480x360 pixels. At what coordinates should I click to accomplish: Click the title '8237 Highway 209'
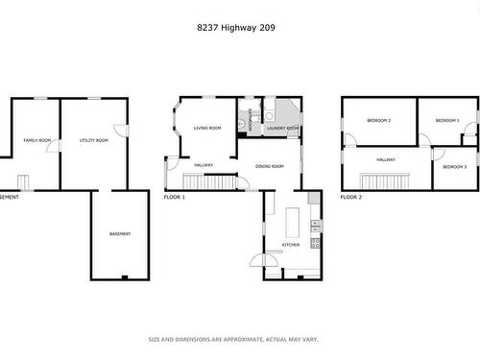point(239,28)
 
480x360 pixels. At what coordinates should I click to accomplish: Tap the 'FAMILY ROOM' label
point(36,140)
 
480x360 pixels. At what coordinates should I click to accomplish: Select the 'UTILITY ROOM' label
point(93,140)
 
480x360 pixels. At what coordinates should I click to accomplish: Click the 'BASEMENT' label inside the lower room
point(120,233)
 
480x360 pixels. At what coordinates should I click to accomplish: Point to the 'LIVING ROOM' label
point(207,128)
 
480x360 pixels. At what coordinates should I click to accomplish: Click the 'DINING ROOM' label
point(270,166)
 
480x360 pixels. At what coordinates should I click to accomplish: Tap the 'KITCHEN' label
point(290,245)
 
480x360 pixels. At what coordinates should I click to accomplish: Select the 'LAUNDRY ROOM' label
point(282,128)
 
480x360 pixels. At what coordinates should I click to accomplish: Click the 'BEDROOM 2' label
point(378,120)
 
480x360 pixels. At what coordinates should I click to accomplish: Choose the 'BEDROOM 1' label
point(446,120)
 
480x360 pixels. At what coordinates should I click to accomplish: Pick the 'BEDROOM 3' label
point(454,167)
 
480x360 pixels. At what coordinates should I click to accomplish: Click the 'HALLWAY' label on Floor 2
point(386,159)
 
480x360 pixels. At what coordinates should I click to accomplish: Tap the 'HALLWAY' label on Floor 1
point(204,165)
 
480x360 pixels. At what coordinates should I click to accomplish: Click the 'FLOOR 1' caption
point(174,197)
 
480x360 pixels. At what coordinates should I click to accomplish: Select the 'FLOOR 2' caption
point(351,197)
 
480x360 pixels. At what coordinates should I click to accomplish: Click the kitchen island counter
point(292,223)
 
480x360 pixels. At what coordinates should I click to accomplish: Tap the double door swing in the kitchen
point(266,259)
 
